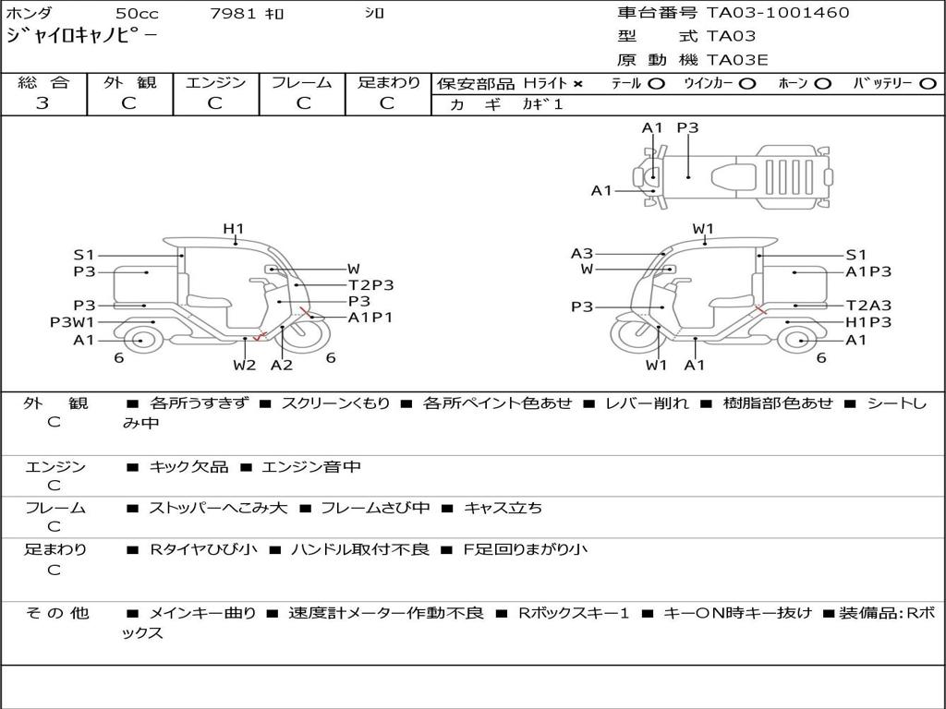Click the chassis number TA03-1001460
(x=778, y=13)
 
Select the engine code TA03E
(x=736, y=60)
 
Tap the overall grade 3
(x=42, y=103)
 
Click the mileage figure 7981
(x=234, y=13)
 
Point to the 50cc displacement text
(x=137, y=13)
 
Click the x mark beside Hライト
(x=578, y=84)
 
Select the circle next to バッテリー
(x=928, y=84)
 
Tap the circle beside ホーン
(x=823, y=84)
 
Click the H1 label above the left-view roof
(x=234, y=229)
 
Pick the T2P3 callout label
(x=371, y=285)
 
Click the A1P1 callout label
(x=370, y=318)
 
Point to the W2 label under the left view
(x=244, y=365)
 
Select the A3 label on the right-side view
(x=582, y=254)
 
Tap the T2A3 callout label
(x=868, y=306)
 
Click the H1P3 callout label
(x=868, y=322)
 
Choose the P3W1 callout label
(x=72, y=322)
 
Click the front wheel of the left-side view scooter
(x=307, y=332)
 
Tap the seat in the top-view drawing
(x=734, y=177)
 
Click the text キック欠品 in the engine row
(x=188, y=467)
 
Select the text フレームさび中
(x=375, y=509)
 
